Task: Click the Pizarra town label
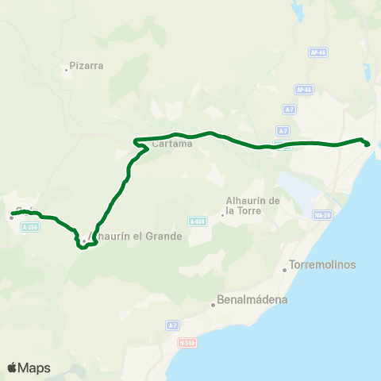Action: pos(87,66)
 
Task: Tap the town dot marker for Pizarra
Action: pos(67,71)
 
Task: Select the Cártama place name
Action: pos(171,144)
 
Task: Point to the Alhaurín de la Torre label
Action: pos(252,206)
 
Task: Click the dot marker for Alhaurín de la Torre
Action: pos(222,214)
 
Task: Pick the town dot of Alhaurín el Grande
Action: pos(83,241)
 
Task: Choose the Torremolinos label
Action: pos(323,264)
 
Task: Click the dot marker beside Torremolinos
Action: pos(285,270)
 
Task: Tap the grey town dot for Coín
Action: pos(12,217)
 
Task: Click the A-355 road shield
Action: pos(30,227)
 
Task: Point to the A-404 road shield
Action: pos(198,221)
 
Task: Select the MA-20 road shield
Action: pos(323,215)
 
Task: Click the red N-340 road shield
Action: pos(187,343)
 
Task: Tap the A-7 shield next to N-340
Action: pos(172,325)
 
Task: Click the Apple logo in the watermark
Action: pos(12,368)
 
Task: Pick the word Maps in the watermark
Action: pos(34,368)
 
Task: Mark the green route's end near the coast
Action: pos(367,144)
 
